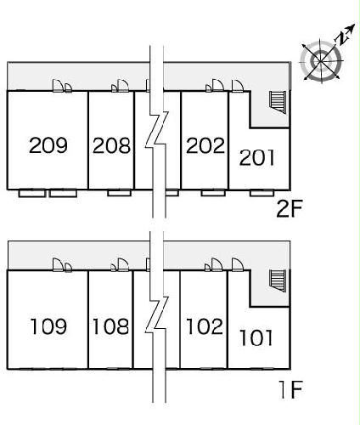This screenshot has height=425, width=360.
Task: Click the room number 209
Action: (x=48, y=145)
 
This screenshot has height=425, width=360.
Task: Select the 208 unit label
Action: (x=111, y=145)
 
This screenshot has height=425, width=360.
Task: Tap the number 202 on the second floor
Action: (x=205, y=145)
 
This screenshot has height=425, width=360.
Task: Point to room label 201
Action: (x=257, y=157)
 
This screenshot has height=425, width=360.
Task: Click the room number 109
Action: (x=48, y=326)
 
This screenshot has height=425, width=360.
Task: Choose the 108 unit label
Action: (x=110, y=326)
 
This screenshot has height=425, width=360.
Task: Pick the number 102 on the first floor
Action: (x=205, y=326)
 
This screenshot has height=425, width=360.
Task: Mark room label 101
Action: (x=256, y=337)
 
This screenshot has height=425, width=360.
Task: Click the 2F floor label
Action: (x=290, y=209)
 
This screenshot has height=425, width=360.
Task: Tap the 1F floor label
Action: (x=290, y=390)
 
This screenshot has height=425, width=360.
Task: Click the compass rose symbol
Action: (x=321, y=60)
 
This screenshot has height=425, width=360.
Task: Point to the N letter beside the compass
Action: (x=343, y=37)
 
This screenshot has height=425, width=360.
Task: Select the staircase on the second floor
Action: (x=278, y=102)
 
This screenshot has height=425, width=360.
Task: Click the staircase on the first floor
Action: (x=278, y=280)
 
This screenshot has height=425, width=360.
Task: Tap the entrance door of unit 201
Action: (x=237, y=86)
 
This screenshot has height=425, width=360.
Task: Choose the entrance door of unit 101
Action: (x=237, y=265)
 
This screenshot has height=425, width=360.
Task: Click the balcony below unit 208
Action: (x=119, y=193)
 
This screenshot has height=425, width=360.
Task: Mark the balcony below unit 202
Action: (x=213, y=193)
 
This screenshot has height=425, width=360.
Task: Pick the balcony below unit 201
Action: (x=262, y=193)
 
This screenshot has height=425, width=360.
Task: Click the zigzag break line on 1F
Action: (x=157, y=314)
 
